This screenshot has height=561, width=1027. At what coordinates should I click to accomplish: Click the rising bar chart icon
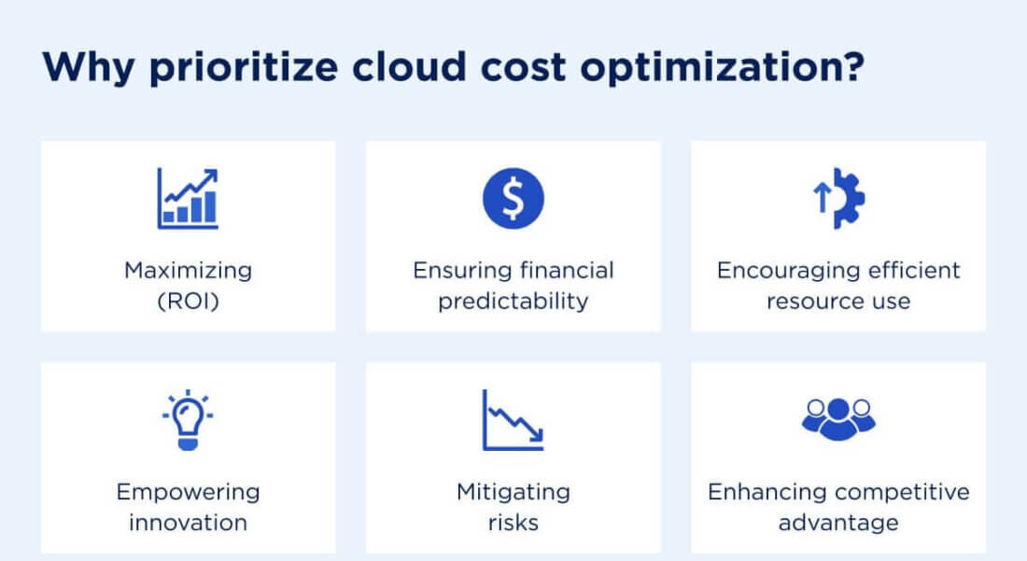(x=188, y=199)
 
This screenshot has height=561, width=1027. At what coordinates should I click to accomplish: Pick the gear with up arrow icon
(x=846, y=198)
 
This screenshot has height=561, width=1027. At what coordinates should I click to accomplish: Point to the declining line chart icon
(x=513, y=420)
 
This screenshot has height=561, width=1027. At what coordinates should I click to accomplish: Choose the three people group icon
(x=837, y=417)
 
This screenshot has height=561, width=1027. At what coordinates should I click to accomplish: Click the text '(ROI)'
(x=188, y=302)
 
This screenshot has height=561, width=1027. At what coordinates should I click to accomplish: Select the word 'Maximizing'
(x=188, y=271)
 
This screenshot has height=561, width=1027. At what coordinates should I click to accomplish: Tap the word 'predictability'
(x=513, y=302)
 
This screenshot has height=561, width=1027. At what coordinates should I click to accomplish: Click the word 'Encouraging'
(x=777, y=271)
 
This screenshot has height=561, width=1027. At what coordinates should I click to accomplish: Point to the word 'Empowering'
(x=188, y=492)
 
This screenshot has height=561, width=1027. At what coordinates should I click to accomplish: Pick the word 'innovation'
(x=188, y=522)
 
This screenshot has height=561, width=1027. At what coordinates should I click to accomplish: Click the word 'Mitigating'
(x=513, y=492)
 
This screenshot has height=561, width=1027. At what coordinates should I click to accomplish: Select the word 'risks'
(x=513, y=522)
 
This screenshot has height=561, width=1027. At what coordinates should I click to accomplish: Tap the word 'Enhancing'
(x=767, y=492)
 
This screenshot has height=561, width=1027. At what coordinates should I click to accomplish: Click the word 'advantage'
(x=837, y=522)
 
